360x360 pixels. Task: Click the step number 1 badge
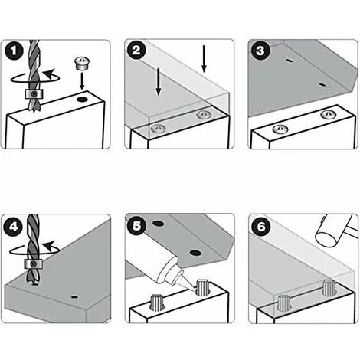point(14,51)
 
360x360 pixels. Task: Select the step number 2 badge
point(136,50)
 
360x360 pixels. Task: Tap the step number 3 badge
point(260,51)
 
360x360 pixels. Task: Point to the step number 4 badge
point(14,226)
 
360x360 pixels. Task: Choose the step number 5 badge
point(136,225)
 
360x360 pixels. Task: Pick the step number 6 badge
point(260,226)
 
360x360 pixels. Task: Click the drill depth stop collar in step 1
point(34,94)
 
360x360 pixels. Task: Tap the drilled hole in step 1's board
point(82,100)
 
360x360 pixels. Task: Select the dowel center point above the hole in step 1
point(82,64)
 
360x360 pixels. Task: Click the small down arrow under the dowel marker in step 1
point(82,80)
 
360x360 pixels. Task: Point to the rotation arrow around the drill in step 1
point(36,77)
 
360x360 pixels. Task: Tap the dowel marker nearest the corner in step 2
point(204,114)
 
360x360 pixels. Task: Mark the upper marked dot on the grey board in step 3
point(290,61)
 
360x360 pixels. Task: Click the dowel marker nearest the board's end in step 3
point(328,114)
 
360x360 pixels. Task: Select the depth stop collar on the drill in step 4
point(33,263)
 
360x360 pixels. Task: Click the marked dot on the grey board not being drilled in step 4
point(74,297)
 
